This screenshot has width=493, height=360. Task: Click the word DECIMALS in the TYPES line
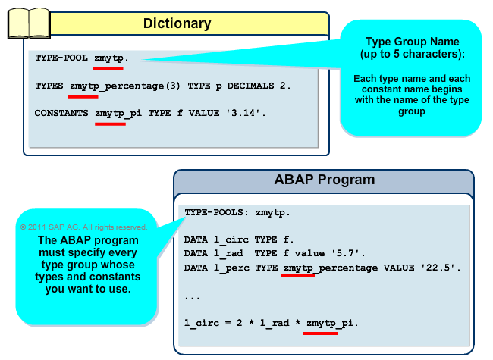click(x=250, y=86)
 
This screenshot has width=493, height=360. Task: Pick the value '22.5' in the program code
click(x=438, y=268)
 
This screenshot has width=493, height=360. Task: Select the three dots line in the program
click(x=193, y=296)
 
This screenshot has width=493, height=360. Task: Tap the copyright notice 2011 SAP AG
click(x=83, y=227)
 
